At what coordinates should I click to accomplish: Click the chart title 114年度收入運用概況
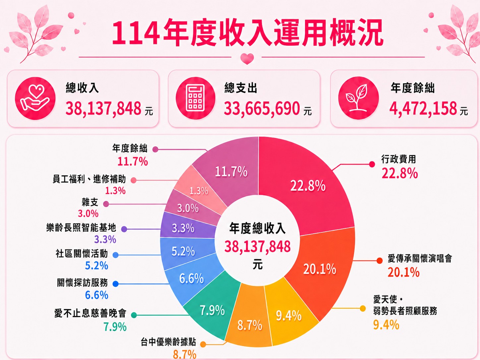(x=247, y=33)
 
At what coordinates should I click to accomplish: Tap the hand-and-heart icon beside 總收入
(x=35, y=98)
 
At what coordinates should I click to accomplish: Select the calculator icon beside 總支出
(x=196, y=98)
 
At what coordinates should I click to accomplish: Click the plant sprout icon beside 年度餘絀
(x=358, y=98)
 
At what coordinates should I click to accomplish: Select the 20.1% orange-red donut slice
(x=324, y=271)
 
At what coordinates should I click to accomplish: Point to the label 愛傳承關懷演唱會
(x=420, y=258)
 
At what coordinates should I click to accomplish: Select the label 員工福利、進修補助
(x=89, y=179)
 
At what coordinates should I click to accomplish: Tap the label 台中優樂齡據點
(x=168, y=342)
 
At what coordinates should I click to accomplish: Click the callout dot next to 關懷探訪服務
(x=115, y=284)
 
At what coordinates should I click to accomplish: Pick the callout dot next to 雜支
(x=106, y=204)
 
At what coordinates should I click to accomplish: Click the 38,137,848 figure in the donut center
(x=258, y=247)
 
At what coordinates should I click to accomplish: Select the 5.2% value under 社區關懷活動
(x=96, y=266)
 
